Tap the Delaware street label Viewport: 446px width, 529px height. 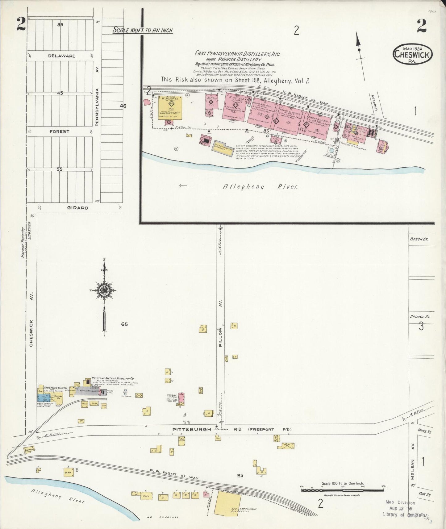point(61,56)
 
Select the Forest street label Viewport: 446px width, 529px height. point(60,131)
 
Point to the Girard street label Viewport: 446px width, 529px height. point(78,208)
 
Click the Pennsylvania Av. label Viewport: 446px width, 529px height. point(97,107)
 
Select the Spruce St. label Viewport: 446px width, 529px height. point(420,317)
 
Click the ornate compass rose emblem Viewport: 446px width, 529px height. point(104,290)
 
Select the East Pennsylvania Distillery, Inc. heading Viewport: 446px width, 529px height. point(237,54)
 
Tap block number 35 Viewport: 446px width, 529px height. point(60,24)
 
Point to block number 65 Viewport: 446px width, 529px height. point(124,324)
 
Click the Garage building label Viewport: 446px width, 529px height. point(171,395)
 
